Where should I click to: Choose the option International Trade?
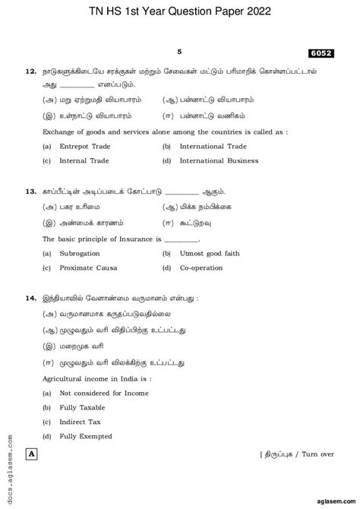coord(213,146)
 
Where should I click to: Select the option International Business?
coord(219,161)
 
